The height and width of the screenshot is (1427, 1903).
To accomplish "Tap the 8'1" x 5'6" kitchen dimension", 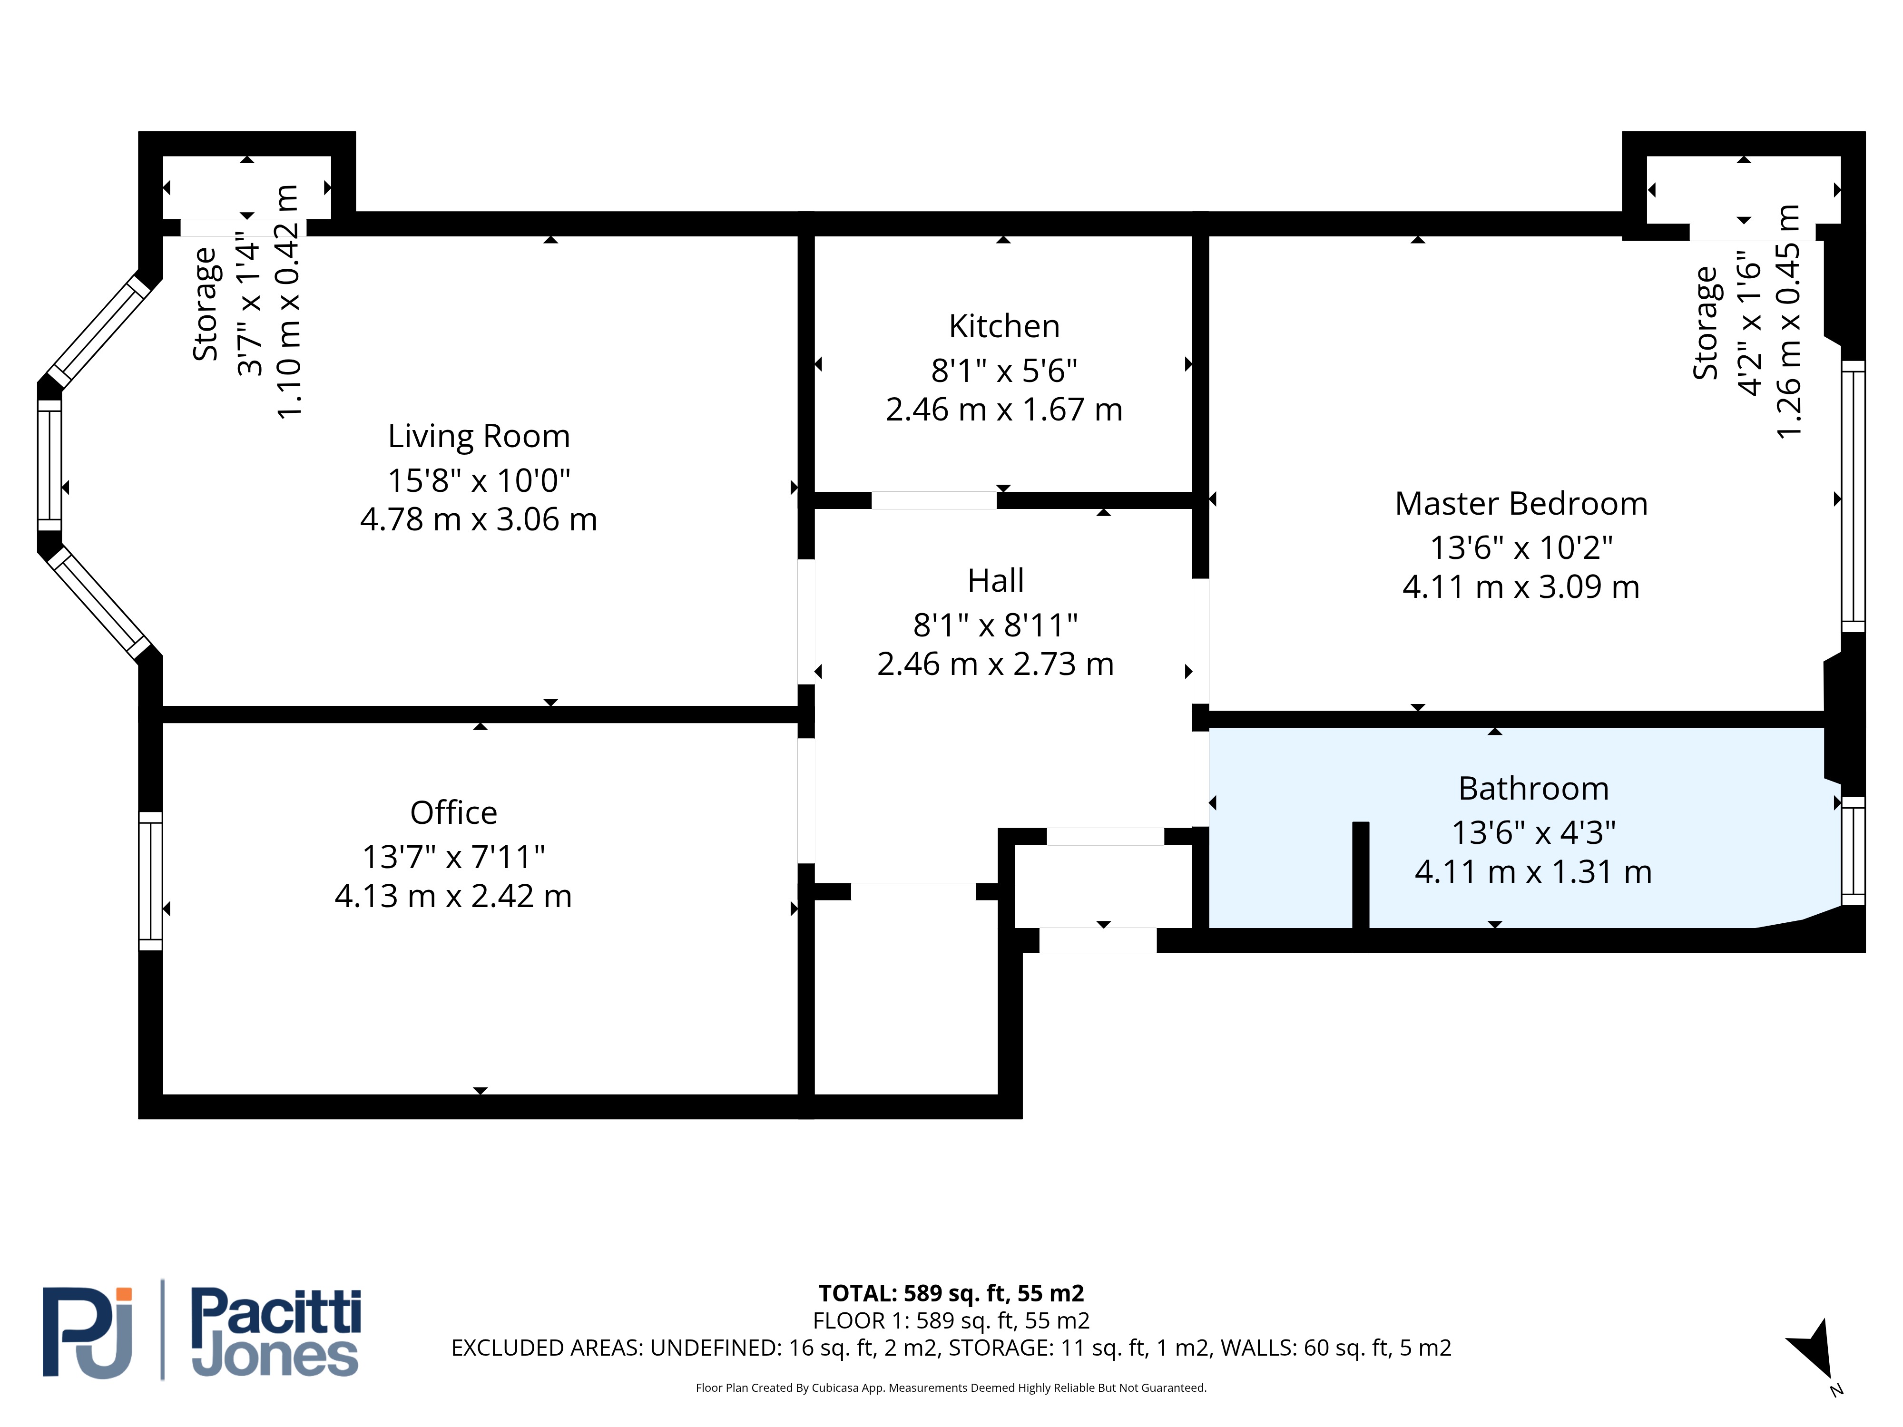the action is (1004, 371).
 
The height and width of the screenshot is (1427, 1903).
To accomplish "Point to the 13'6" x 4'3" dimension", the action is (1533, 832).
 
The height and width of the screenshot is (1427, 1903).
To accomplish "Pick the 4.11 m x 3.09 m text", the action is (1521, 586).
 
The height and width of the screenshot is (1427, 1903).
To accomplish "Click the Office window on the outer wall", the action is (150, 881).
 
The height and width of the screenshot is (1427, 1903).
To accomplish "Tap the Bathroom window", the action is (1853, 850).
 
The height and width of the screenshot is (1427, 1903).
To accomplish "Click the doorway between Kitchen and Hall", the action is (934, 500).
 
